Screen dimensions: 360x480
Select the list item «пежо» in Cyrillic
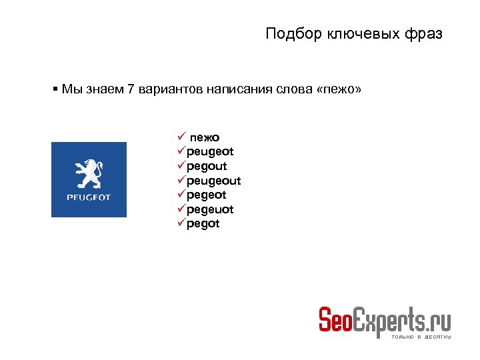[205, 137]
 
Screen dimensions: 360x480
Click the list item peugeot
[210, 152]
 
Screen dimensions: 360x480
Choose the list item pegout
[207, 166]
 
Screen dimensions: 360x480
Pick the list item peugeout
[213, 181]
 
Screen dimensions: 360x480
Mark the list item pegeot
[207, 195]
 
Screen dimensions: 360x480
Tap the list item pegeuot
[210, 209]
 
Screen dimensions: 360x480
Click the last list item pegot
[203, 224]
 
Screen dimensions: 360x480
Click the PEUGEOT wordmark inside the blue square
[89, 198]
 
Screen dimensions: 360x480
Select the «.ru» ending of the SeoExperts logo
[439, 319]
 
